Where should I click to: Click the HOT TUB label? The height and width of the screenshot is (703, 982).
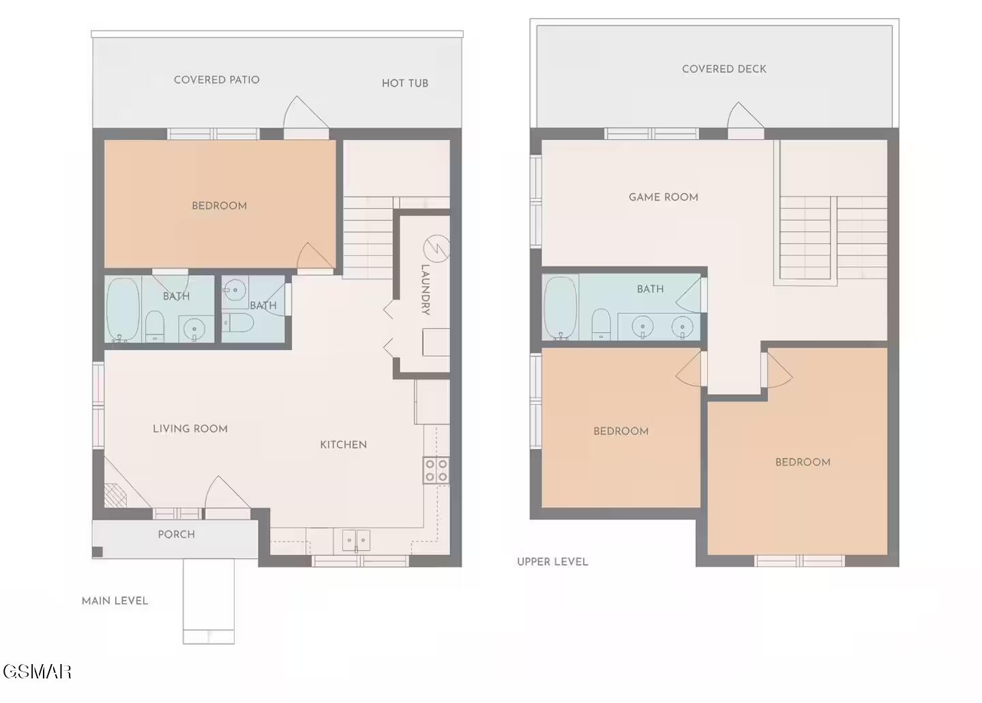point(404,83)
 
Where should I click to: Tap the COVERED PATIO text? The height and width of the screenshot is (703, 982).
point(217,80)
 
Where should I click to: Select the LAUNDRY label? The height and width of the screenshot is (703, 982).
point(426,289)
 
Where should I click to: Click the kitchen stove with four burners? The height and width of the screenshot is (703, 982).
point(436,470)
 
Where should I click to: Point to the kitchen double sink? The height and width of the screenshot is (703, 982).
point(356,540)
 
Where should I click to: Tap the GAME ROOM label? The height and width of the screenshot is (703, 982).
point(664,197)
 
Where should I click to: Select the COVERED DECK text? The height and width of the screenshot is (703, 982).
point(724,69)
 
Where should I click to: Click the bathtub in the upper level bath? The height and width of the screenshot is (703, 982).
point(561,308)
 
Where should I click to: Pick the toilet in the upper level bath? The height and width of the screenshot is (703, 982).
point(601,324)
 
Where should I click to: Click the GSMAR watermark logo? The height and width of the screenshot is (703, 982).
point(38,672)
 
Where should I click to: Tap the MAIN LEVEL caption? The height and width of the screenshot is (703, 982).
point(115,601)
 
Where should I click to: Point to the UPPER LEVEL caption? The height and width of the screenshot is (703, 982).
point(552,562)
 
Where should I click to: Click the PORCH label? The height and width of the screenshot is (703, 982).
point(176,534)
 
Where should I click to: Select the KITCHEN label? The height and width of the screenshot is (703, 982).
point(343,445)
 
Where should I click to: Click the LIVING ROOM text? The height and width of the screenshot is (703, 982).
point(190,429)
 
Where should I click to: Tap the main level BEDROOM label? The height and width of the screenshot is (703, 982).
point(219,206)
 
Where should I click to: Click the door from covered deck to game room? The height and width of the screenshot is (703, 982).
point(746,121)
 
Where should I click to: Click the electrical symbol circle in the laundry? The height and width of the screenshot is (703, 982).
point(436,248)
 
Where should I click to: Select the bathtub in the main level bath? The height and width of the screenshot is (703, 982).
point(123,309)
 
